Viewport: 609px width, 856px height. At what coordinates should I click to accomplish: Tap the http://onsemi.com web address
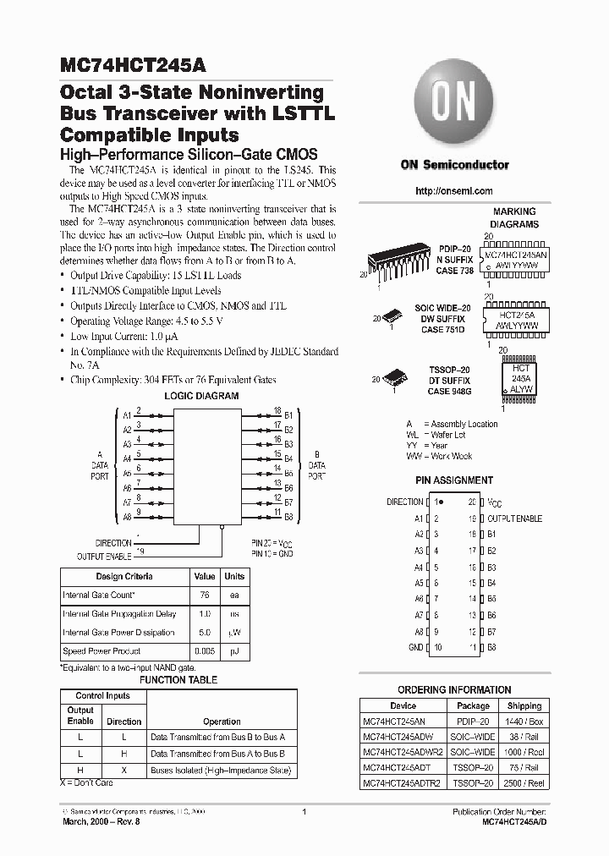[x=454, y=191]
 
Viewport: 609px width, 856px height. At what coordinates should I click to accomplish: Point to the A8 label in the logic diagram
[x=127, y=515]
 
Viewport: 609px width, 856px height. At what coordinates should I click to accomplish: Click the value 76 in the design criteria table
[x=203, y=595]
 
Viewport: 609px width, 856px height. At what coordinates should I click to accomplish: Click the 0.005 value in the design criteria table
[x=203, y=651]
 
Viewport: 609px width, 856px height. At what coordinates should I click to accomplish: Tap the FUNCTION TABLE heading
[x=178, y=679]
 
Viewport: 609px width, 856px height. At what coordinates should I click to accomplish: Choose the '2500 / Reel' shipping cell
[x=524, y=783]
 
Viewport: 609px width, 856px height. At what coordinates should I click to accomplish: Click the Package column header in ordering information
[x=473, y=705]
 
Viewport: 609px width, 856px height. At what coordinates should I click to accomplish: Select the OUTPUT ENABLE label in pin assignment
[x=514, y=519]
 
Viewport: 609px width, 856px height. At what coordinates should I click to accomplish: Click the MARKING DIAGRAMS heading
[x=514, y=218]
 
